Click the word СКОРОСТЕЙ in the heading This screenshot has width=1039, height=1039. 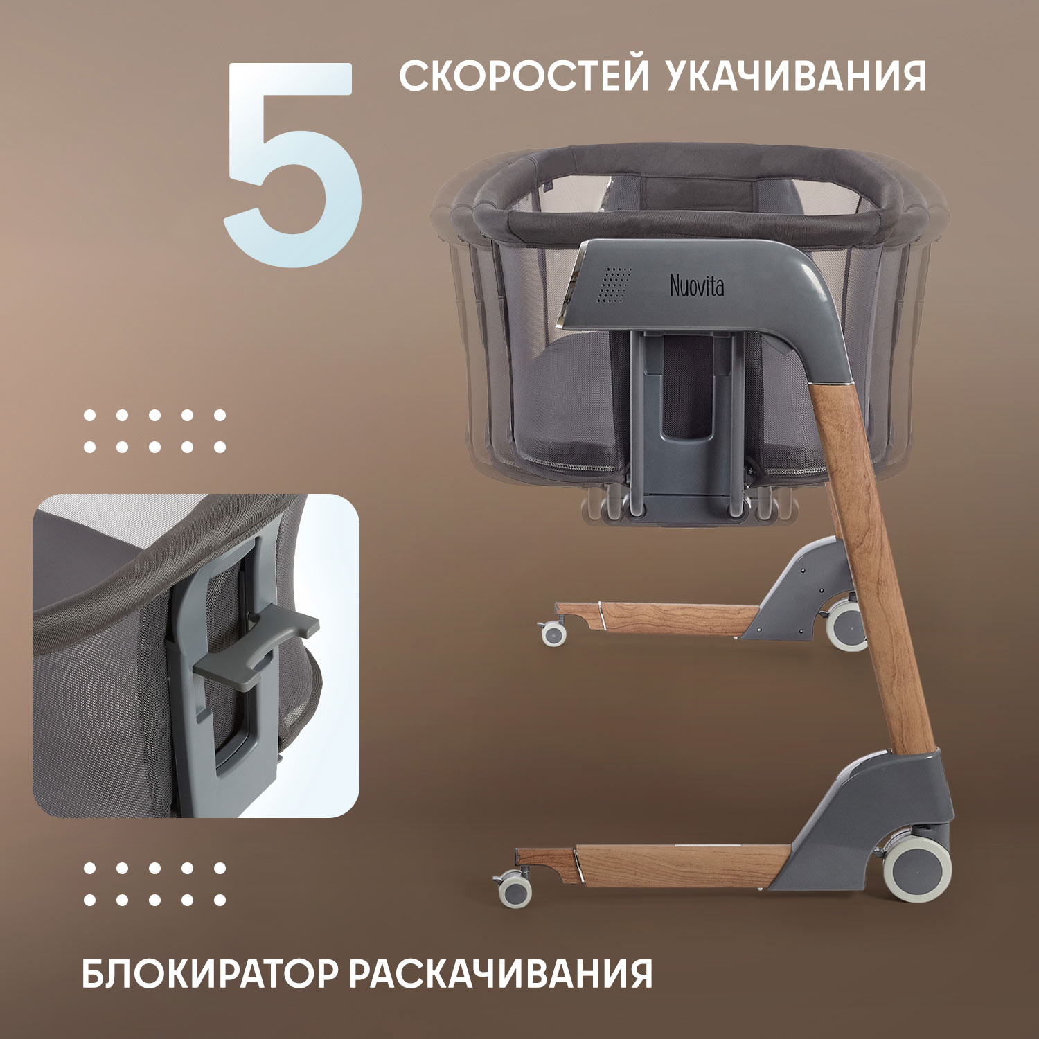click(524, 76)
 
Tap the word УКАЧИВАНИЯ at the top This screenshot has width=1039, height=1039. click(797, 76)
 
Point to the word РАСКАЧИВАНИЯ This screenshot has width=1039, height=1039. click(501, 973)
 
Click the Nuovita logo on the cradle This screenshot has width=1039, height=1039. click(697, 285)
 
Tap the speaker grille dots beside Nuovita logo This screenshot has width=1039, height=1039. click(614, 285)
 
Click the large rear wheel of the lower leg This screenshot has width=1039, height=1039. click(918, 871)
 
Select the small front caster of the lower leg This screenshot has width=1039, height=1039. click(515, 889)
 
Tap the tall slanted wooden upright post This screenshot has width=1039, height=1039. click(873, 568)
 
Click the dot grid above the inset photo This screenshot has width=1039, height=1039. click(154, 431)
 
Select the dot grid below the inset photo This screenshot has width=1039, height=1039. click(154, 884)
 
